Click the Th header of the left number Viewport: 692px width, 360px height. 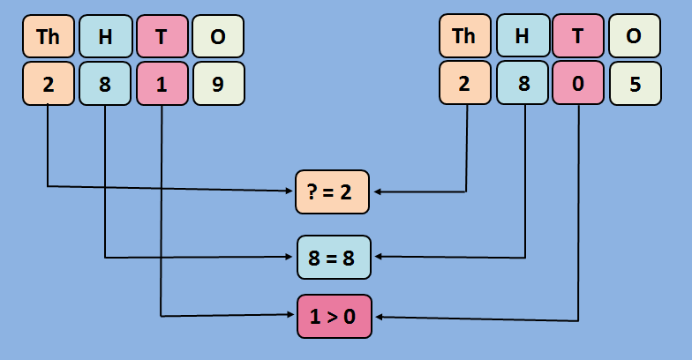pos(48,36)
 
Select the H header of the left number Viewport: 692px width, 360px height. pos(105,36)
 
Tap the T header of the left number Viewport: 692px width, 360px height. pos(162,36)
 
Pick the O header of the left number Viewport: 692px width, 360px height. pos(218,36)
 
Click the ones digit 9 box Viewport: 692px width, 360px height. pos(218,83)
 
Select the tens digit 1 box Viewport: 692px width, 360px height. pos(162,83)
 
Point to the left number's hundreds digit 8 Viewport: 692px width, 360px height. pos(105,83)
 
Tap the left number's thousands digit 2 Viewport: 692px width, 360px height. pos(48,83)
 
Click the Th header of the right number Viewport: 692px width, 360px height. pos(464,36)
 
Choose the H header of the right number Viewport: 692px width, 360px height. pos(522,36)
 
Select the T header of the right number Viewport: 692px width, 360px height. pos(578,36)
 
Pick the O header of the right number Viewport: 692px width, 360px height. pos(635,36)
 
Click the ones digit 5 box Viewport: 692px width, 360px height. pos(635,83)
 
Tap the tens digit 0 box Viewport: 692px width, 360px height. pos(578,83)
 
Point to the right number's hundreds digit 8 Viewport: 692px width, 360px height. pos(522,83)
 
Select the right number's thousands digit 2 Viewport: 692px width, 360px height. pos(464,83)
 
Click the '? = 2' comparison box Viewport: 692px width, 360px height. pos(334,191)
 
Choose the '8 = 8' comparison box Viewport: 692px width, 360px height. pos(334,258)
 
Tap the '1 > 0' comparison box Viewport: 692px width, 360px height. pos(334,316)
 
